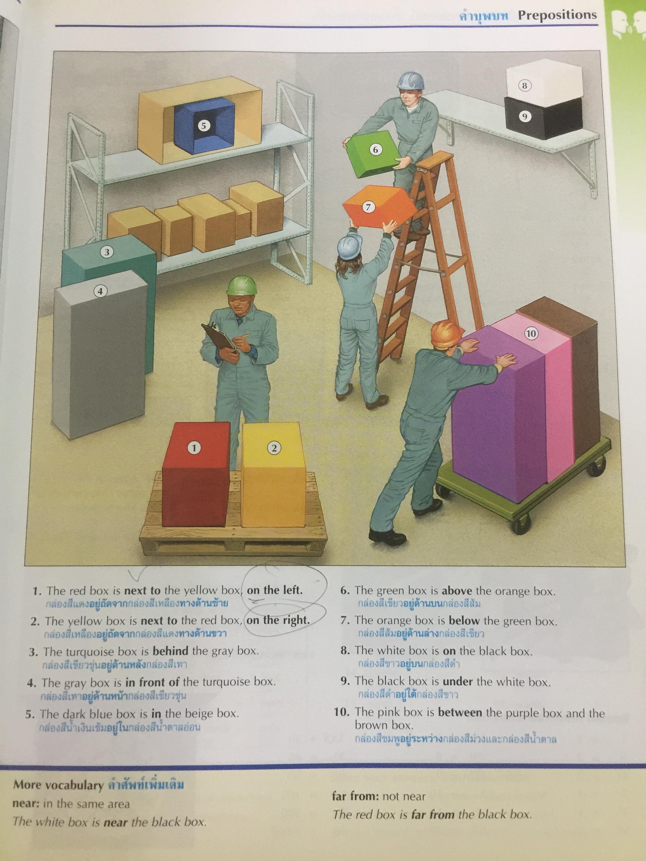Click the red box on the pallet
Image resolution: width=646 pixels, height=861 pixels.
tap(196, 474)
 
